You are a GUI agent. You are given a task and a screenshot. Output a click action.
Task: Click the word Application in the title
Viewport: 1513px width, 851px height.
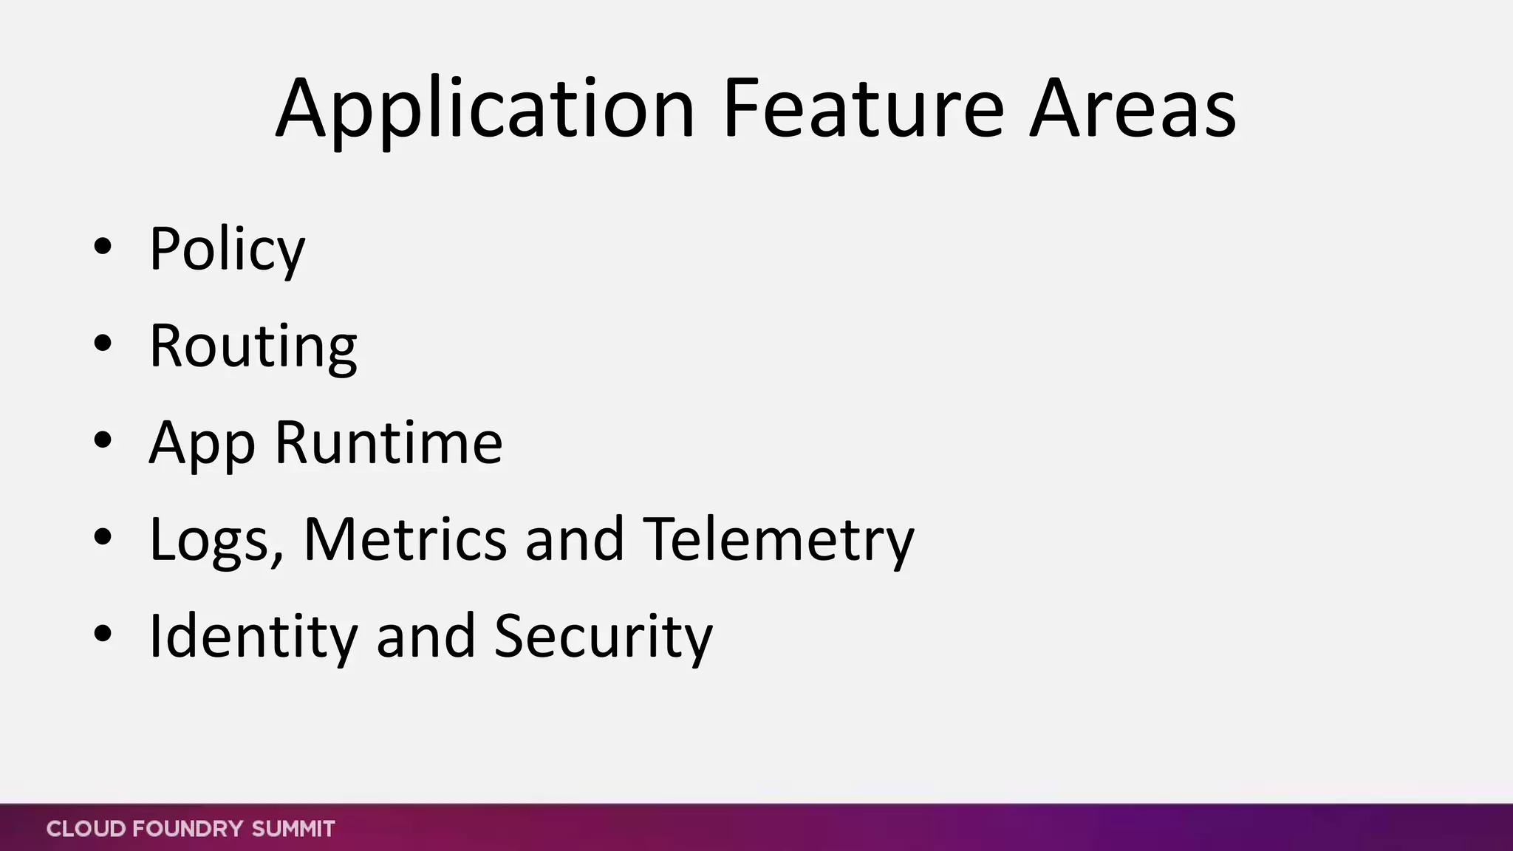pos(485,109)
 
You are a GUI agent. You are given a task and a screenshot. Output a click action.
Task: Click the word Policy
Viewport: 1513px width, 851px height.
pos(227,250)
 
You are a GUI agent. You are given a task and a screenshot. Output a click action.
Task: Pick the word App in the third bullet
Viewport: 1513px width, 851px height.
pos(202,443)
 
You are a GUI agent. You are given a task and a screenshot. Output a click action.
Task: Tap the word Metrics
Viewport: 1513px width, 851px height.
pos(405,539)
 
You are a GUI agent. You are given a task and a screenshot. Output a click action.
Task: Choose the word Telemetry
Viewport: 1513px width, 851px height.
pos(779,540)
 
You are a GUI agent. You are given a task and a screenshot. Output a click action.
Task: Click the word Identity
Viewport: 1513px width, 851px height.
pos(253,637)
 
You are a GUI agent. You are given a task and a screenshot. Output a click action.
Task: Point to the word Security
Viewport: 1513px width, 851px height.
pos(603,637)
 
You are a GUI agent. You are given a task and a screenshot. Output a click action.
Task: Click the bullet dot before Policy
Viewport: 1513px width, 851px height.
pos(103,246)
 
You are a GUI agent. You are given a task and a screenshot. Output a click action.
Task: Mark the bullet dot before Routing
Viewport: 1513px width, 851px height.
pos(103,343)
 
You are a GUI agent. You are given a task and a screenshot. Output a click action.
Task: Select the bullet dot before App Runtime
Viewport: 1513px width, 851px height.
pos(103,440)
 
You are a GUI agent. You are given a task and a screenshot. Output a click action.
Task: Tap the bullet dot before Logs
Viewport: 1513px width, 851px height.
pos(103,536)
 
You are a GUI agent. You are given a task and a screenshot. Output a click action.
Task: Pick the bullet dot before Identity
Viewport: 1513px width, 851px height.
pos(103,633)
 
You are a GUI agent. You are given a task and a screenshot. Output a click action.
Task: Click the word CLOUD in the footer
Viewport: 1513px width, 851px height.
pos(85,829)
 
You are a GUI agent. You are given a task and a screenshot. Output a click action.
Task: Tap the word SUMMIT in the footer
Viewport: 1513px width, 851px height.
pos(293,829)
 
